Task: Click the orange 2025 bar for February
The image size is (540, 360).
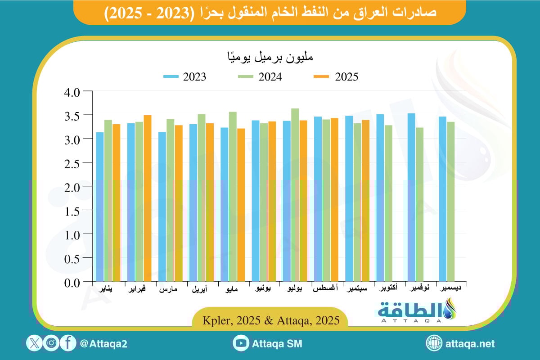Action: pyautogui.click(x=148, y=198)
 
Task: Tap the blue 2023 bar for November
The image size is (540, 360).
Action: pyautogui.click(x=411, y=198)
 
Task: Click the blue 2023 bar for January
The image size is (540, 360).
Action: pyautogui.click(x=100, y=207)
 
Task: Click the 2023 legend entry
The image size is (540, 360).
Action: pyautogui.click(x=185, y=76)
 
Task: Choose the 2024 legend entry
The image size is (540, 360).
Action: pyautogui.click(x=261, y=76)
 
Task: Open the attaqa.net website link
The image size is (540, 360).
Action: pyautogui.click(x=469, y=344)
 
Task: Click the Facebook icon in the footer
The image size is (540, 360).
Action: pyautogui.click(x=67, y=344)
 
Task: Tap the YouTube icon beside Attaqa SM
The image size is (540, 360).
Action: pyautogui.click(x=241, y=344)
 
